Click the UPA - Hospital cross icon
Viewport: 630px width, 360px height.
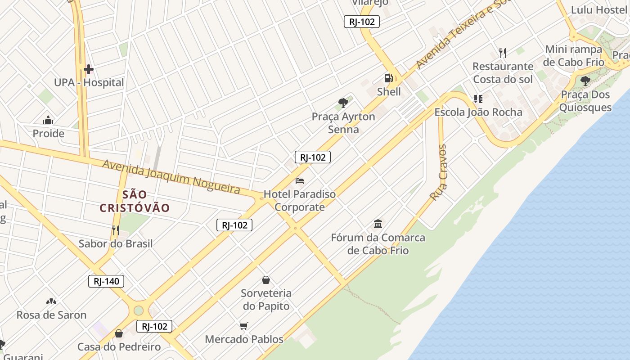coord(89,69)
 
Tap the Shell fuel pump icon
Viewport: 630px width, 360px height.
coord(388,78)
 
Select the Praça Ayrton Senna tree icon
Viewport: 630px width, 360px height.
coord(343,103)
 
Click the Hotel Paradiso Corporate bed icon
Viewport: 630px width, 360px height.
coord(300,181)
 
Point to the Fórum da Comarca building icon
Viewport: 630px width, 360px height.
coord(378,224)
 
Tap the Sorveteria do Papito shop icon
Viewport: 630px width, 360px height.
coord(266,280)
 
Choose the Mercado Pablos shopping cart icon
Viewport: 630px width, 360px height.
coord(244,326)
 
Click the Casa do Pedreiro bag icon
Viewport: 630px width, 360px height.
coord(119,333)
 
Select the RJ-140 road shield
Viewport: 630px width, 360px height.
coord(106,282)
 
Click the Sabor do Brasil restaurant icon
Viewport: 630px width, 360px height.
coord(116,230)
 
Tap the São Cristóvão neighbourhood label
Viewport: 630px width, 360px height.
coord(135,201)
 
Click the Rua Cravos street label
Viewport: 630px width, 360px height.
coord(439,172)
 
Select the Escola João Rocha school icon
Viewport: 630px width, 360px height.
coord(478,99)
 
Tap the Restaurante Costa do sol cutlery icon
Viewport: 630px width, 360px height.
coord(503,53)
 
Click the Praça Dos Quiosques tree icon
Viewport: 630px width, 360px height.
coord(585,81)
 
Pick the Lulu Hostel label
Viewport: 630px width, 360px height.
coord(599,10)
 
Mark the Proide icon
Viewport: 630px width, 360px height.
coord(48,120)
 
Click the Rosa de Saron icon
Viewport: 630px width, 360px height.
coord(51,301)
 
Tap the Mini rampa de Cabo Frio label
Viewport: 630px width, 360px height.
coord(574,56)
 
